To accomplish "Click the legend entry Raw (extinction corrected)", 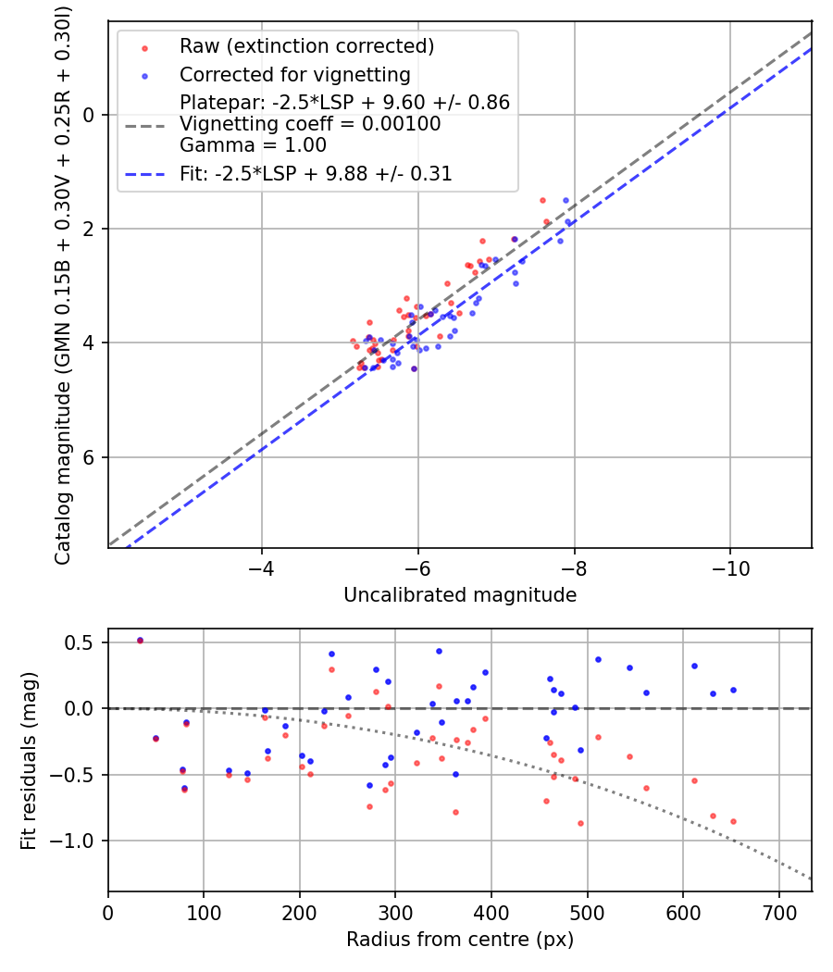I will [x=306, y=46].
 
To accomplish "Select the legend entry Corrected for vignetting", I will [x=294, y=74].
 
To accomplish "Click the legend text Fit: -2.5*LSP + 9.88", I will [x=316, y=173].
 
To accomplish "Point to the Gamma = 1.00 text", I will [x=253, y=144].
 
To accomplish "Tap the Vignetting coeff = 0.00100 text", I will [x=310, y=124].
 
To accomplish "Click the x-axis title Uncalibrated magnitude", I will [x=460, y=595].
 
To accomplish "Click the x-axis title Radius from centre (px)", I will [x=460, y=940].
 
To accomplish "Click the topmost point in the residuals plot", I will [x=140, y=641].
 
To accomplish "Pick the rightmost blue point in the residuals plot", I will [x=733, y=690].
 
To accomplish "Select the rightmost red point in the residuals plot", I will [x=733, y=821].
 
